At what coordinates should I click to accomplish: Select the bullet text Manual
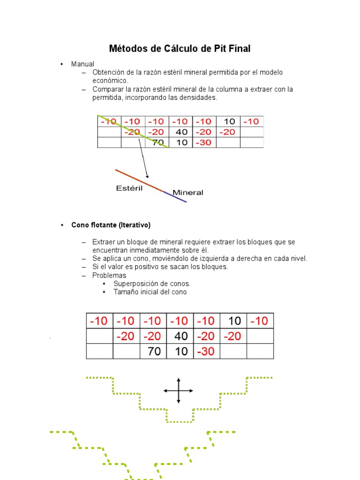click(82, 64)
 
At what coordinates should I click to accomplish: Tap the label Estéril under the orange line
click(129, 188)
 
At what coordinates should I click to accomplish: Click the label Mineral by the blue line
click(188, 192)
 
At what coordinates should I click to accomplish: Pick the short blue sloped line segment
click(175, 196)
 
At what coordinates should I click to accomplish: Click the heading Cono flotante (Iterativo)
click(111, 225)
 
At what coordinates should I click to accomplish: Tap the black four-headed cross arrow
click(178, 390)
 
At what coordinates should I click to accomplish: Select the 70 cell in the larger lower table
click(154, 351)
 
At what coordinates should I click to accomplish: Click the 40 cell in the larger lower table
click(181, 336)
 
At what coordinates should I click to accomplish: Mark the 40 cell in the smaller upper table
click(181, 132)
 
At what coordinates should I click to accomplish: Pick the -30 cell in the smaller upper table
click(204, 142)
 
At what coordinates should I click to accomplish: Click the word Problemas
click(109, 275)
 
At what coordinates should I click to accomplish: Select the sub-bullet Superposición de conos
click(152, 284)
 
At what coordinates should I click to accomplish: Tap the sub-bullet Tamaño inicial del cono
click(150, 292)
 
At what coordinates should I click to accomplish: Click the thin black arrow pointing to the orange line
click(143, 158)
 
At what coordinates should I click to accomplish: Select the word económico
click(110, 81)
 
